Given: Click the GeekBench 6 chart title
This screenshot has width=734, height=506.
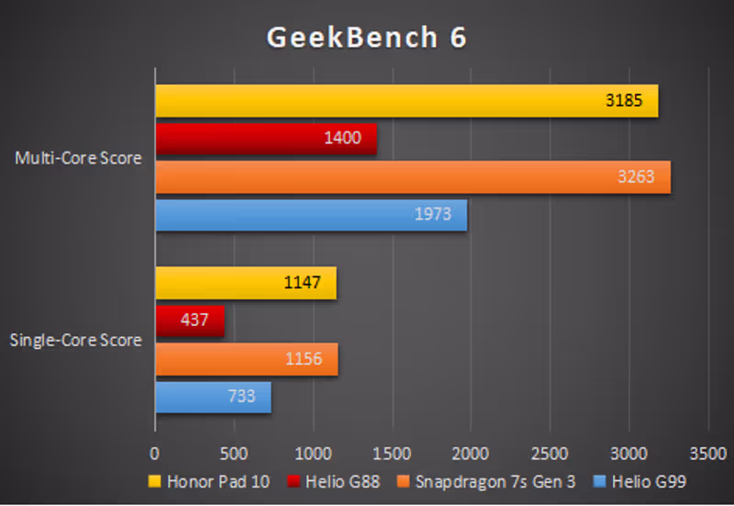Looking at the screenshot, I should [366, 37].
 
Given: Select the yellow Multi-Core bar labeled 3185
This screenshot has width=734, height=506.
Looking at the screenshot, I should [406, 101].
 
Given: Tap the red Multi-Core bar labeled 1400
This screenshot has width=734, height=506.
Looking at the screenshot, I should [265, 139].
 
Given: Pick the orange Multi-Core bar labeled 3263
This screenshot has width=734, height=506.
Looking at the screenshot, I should [412, 176].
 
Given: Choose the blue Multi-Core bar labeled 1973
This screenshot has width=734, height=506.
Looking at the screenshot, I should [310, 215].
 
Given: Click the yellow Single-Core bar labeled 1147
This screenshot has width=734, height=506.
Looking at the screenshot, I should [245, 283].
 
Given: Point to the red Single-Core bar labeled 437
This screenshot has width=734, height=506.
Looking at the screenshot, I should [189, 320].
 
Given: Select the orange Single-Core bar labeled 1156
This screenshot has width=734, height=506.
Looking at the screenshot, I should [246, 358].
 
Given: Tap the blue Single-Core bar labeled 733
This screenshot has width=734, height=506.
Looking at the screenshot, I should [213, 397].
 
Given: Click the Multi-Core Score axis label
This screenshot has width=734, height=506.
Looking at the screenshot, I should [78, 158].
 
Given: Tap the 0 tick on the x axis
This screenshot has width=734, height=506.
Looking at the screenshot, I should [154, 453].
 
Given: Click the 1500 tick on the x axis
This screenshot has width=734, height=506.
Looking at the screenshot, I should [392, 453].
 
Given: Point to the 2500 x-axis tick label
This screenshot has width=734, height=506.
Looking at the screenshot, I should [550, 453].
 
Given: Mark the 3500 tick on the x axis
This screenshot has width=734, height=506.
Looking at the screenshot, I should [707, 453].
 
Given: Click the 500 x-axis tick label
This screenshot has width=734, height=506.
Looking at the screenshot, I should [234, 453].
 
